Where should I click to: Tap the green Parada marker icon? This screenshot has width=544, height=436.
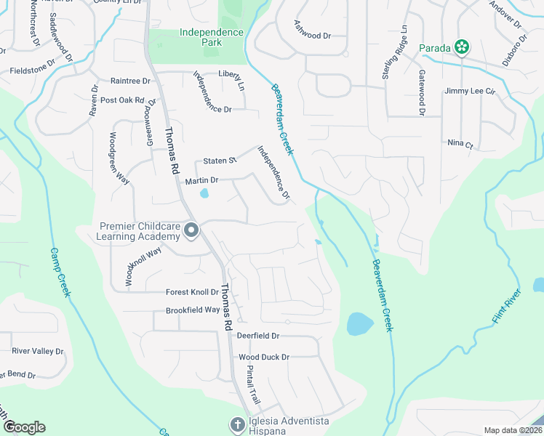[461, 48]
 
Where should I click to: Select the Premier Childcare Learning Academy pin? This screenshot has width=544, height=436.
[191, 231]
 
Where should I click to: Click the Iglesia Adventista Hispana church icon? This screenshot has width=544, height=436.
[236, 424]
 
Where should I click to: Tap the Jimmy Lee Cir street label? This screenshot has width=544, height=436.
[470, 92]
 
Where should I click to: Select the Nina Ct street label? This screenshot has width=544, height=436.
[460, 144]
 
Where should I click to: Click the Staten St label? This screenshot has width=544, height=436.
[220, 161]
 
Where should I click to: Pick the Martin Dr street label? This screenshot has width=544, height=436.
[201, 180]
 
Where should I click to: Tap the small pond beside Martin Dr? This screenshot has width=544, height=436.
[204, 194]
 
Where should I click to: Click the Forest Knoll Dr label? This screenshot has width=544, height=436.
[192, 292]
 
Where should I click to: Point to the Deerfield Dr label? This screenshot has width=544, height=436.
[258, 336]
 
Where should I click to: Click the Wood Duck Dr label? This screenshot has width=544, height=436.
[264, 357]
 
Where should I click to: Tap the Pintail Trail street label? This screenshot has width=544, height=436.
[252, 385]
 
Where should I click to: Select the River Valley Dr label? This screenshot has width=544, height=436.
[38, 351]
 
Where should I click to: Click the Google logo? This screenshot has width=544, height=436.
[23, 427]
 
